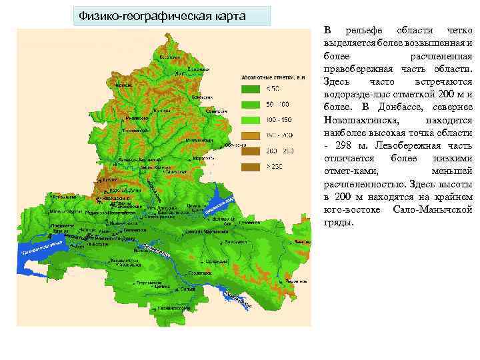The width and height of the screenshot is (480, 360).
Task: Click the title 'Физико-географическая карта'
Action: coord(162,15)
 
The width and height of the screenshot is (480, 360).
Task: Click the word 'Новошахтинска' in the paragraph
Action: coord(361,121)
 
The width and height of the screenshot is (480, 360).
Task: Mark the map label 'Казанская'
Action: coord(169,57)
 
